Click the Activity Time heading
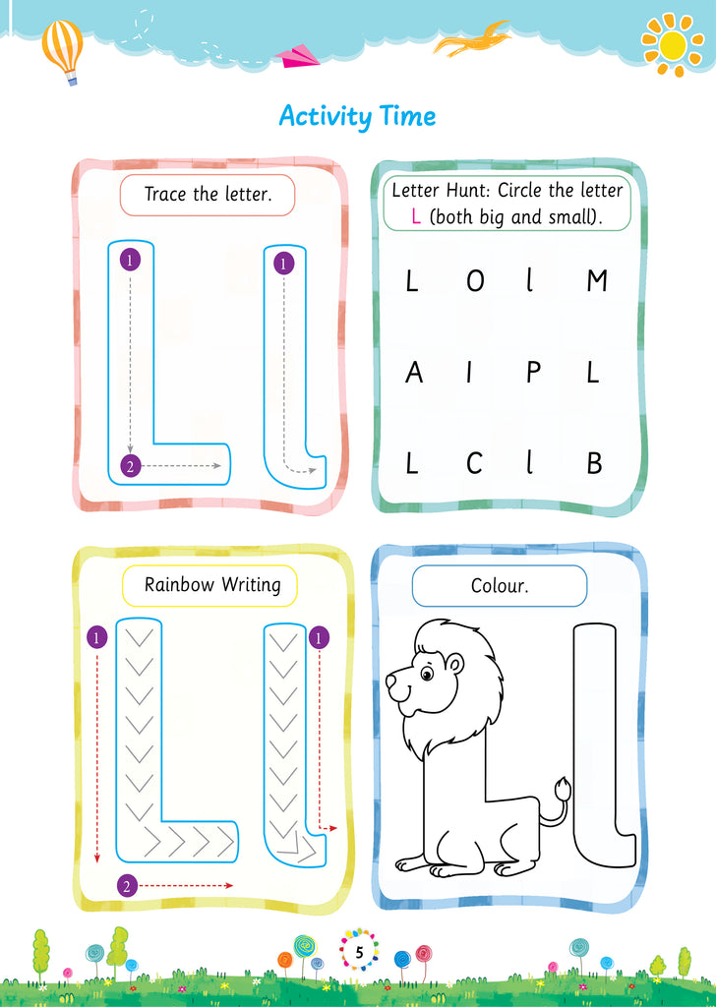[x=357, y=116]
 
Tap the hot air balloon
[x=63, y=49]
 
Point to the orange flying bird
[x=474, y=41]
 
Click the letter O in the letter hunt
[x=475, y=282]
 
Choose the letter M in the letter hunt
[x=596, y=282]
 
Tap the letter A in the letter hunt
[x=414, y=374]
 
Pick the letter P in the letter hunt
[x=533, y=374]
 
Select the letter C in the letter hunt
[x=474, y=464]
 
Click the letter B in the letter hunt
[x=594, y=464]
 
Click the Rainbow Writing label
[x=212, y=585]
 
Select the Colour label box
[x=500, y=586]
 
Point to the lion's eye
[x=427, y=674]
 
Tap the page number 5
[x=359, y=952]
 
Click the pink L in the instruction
[x=416, y=217]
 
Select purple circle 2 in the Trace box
[x=129, y=466]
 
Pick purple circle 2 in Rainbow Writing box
[x=126, y=886]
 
